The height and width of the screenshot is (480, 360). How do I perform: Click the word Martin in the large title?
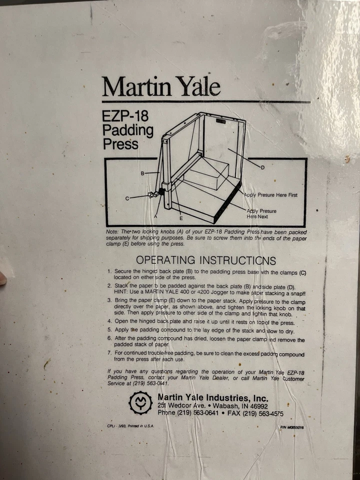tap(132, 87)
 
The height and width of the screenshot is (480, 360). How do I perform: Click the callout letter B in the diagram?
tap(142, 173)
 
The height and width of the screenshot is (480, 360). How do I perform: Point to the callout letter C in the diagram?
tap(127, 198)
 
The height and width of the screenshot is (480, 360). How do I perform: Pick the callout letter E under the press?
tap(181, 218)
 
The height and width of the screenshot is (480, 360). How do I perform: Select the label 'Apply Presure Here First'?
tap(270, 195)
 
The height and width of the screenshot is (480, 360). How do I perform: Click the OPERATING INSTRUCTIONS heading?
tap(205, 260)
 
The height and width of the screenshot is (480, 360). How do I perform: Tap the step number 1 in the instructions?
tap(109, 272)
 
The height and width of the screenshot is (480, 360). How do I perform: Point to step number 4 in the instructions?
tap(109, 321)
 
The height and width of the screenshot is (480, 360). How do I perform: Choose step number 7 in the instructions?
tap(109, 353)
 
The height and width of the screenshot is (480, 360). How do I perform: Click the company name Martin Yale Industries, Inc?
tap(212, 398)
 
